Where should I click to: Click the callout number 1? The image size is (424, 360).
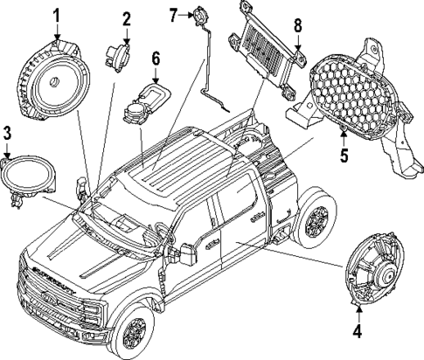[x=57, y=15]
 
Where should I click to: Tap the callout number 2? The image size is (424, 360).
[x=127, y=17]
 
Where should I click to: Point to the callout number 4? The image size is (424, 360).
[x=356, y=332]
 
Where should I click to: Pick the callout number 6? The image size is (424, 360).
[x=156, y=59]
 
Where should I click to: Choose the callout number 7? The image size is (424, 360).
[x=174, y=14]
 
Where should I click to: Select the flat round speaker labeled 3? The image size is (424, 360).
[x=28, y=176]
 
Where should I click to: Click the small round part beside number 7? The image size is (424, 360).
[x=201, y=15]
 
